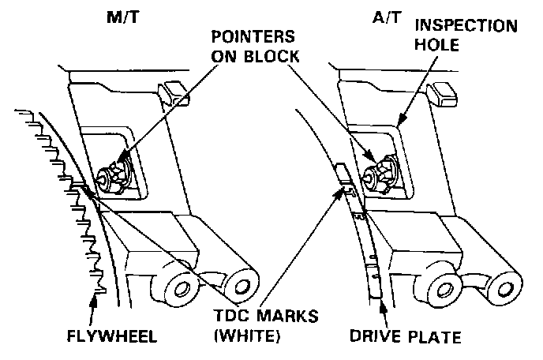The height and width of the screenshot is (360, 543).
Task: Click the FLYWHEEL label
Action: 113,337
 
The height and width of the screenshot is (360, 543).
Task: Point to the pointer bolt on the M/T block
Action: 115,174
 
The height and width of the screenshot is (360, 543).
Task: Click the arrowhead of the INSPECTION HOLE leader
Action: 403,122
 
